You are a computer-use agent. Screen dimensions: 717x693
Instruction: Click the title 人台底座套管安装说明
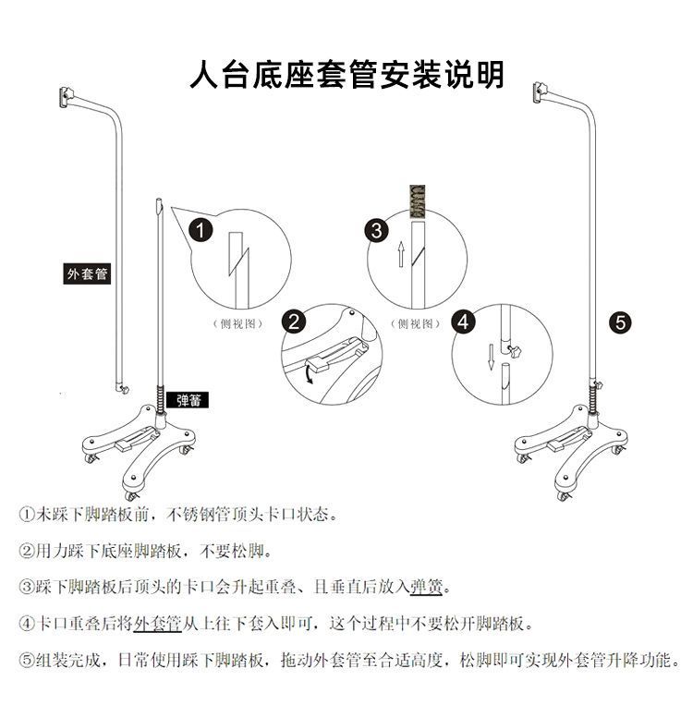pos(346,75)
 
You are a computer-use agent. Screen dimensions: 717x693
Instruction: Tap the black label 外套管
pos(87,273)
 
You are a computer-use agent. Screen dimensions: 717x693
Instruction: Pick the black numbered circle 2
pos(295,322)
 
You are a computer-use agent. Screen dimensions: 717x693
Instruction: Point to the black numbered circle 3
pos(376,230)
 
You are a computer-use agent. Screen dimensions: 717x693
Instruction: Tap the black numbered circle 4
pos(464,322)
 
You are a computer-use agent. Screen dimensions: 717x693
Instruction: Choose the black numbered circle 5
pos(621,322)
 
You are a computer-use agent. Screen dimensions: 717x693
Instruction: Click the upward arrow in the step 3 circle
pos(400,253)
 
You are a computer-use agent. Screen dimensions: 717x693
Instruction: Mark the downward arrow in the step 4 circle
pos(491,355)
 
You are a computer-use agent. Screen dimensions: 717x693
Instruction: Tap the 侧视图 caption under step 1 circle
pos(237,323)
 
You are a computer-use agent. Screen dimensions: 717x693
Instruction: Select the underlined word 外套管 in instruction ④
pos(156,624)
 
